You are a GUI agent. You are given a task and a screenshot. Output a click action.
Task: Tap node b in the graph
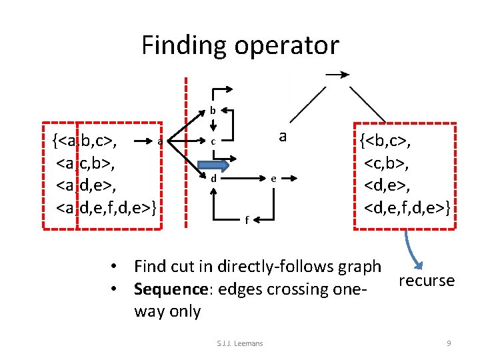coord(213,109)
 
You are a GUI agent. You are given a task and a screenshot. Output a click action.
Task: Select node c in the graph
coord(213,141)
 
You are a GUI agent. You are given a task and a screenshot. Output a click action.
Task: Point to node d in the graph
coord(213,179)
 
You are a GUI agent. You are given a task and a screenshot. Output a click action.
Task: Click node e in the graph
coord(274,179)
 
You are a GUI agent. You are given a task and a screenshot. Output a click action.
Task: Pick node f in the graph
coord(246,219)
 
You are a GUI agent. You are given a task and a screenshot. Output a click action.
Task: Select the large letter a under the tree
coord(283,137)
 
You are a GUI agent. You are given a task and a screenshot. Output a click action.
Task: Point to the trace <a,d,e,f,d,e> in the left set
coord(107,209)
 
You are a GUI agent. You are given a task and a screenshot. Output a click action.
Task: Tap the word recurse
coord(427,280)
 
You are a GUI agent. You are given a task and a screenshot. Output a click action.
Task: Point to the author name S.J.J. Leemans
coord(240,343)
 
